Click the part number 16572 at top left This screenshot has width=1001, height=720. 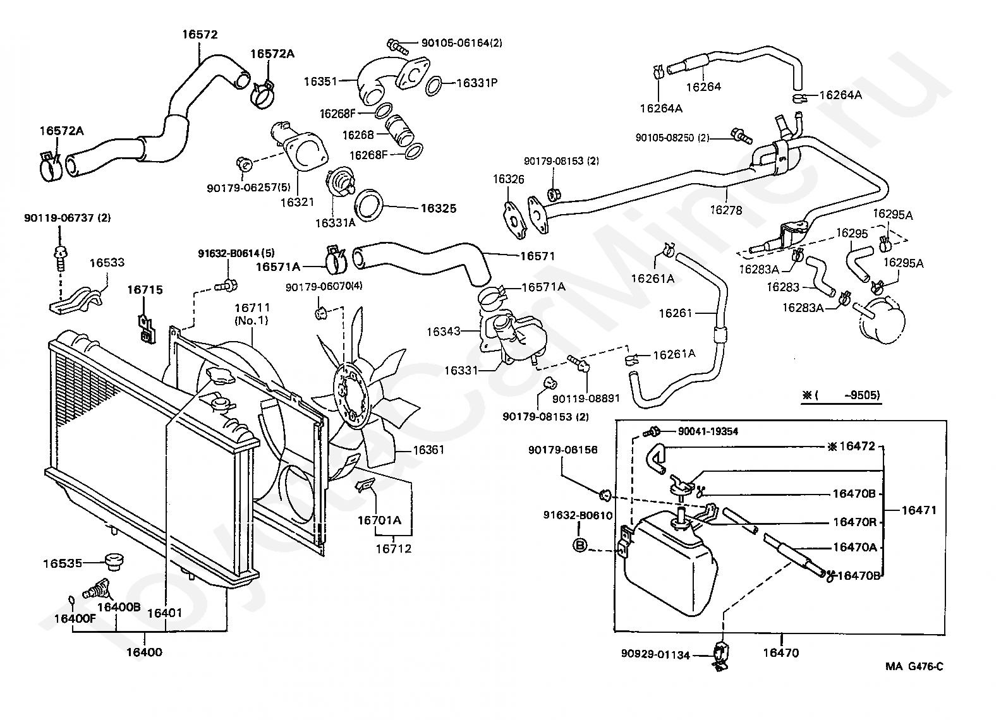[x=200, y=35]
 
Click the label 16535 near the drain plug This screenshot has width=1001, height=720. [x=63, y=563]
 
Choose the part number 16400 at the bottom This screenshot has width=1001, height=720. [x=144, y=652]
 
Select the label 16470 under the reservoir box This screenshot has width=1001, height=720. [x=780, y=652]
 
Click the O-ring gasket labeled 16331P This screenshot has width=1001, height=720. [x=434, y=86]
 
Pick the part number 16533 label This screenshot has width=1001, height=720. [x=107, y=262]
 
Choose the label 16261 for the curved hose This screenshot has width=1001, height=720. [x=676, y=313]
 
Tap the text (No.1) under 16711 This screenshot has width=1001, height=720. [x=252, y=320]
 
